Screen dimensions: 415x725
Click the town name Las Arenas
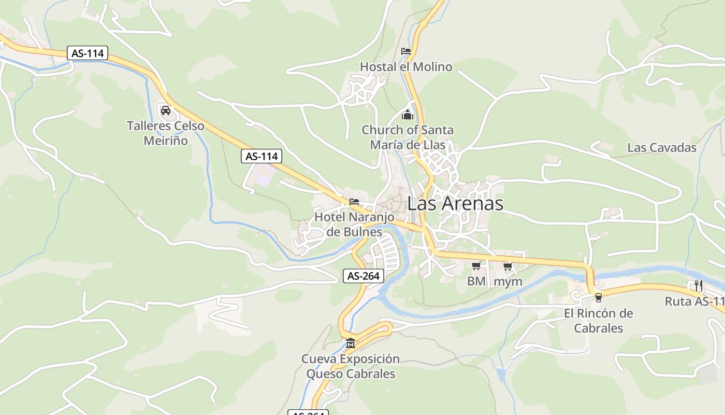[x=455, y=203]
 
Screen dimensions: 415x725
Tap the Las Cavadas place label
[x=662, y=147]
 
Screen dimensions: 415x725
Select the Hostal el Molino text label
[x=406, y=67]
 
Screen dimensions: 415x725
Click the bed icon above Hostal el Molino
[x=406, y=51]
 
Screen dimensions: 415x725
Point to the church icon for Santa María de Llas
[x=408, y=114]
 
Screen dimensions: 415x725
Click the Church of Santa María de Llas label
[x=408, y=137]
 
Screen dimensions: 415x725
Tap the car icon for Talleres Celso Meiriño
[x=166, y=110]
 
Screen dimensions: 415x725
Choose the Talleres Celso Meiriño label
[x=166, y=133]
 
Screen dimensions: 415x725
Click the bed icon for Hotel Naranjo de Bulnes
[x=354, y=202]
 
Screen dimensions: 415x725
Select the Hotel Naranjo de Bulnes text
[x=354, y=224]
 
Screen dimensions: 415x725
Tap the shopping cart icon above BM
[x=476, y=266]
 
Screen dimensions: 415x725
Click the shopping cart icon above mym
[x=508, y=266]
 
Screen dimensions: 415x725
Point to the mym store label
[x=508, y=282]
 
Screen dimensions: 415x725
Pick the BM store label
[x=476, y=282]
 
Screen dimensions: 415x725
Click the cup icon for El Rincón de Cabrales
[x=599, y=297]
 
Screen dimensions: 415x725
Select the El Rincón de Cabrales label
[x=599, y=321]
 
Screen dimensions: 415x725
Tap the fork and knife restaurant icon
[x=698, y=285]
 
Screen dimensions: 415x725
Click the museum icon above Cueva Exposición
[x=351, y=343]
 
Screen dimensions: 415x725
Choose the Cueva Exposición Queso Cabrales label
[x=351, y=366]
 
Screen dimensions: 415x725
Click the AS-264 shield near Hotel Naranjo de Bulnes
[x=364, y=276]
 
